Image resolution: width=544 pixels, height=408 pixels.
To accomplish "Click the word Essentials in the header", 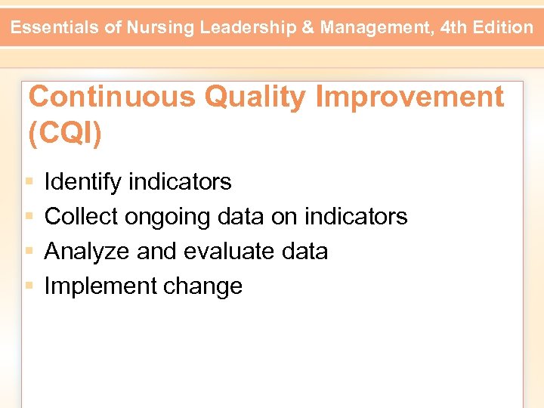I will (56, 28).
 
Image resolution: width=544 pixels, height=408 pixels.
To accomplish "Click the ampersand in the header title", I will (309, 28).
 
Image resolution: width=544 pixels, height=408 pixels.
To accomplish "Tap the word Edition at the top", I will (505, 28).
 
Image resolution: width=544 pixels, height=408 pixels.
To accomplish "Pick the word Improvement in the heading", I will (409, 97).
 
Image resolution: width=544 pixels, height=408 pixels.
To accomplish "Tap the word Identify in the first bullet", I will (82, 182).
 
